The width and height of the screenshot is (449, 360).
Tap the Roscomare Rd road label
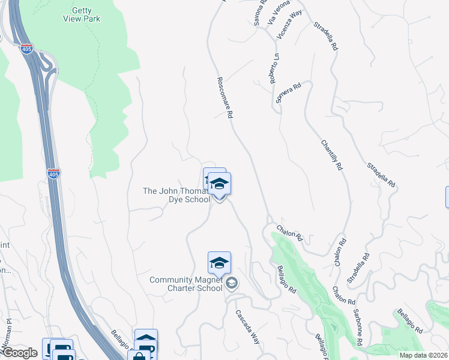(x=224, y=97)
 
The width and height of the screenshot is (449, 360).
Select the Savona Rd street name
(x=259, y=13)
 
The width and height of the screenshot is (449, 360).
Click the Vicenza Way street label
(x=289, y=25)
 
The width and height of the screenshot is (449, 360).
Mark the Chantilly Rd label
(x=331, y=154)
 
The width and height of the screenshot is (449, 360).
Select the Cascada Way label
(x=247, y=326)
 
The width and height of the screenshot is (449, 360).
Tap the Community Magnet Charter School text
(x=185, y=284)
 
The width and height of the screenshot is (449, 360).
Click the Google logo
(x=20, y=353)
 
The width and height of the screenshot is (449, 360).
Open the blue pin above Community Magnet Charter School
(x=219, y=263)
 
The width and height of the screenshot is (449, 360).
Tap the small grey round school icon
(x=232, y=284)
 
